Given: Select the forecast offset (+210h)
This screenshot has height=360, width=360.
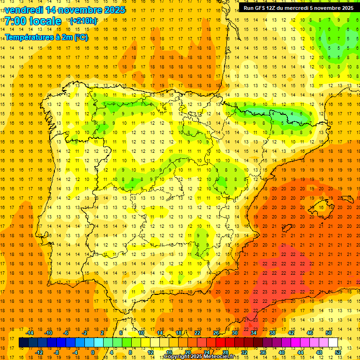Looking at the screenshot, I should pyautogui.click(x=83, y=21).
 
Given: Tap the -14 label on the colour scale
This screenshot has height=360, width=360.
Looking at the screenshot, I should pyautogui.click(x=30, y=333).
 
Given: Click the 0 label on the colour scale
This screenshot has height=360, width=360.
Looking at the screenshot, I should pyautogui.click(x=92, y=352).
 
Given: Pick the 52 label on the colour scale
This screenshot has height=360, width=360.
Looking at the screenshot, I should pyautogui.click(x=338, y=352).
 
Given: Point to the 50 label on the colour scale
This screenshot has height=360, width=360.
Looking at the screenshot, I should pyautogui.click(x=329, y=333).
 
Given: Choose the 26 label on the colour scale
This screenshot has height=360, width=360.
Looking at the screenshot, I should pyautogui.click(x=216, y=333).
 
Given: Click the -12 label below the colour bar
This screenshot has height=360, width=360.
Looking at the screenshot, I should pyautogui.click(x=39, y=352).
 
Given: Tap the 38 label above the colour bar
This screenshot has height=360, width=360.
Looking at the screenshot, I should pyautogui.click(x=272, y=333).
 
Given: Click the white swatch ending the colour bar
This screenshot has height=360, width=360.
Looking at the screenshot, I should pyautogui.click(x=333, y=343).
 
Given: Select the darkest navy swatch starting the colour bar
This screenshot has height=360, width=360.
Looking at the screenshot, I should pyautogui.click(x=23, y=343).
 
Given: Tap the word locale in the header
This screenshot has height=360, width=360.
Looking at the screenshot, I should pyautogui.click(x=46, y=21).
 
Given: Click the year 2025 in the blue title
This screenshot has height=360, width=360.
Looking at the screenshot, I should pyautogui.click(x=113, y=9).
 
